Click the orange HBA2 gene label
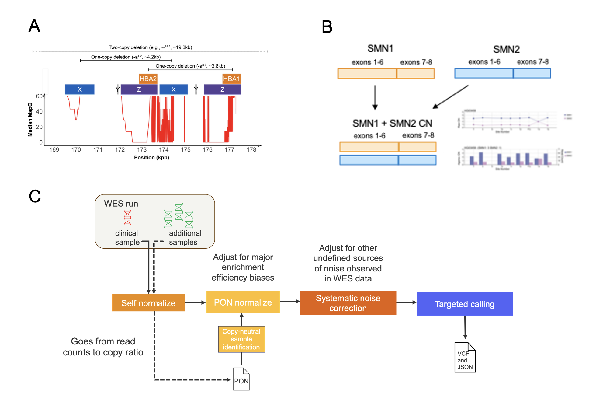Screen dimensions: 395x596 pos(148,79)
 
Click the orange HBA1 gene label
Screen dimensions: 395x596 pos(231,79)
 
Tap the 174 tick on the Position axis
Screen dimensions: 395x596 pos(164,150)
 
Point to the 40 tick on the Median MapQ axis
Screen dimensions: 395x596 pos(39,112)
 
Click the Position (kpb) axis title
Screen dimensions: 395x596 pos(151,158)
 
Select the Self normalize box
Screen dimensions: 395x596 pos(148,303)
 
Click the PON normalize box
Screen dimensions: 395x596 pos(243,302)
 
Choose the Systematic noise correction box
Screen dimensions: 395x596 pos(348,303)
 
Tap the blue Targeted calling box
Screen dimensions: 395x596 pos(464,304)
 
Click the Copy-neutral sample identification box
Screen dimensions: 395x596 pos(241,339)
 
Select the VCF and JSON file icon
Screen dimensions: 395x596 pos(465,358)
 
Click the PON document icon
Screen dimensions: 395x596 pos(241,379)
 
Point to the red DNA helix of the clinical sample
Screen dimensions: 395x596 pos(127,218)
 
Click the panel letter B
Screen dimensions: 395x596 pos(327,27)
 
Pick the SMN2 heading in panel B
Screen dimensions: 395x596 pos(506,49)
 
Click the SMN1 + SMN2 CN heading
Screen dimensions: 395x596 pos(392,123)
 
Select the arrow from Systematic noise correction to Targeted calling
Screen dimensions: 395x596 pos(406,302)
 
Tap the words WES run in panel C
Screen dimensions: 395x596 pos(121,204)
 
